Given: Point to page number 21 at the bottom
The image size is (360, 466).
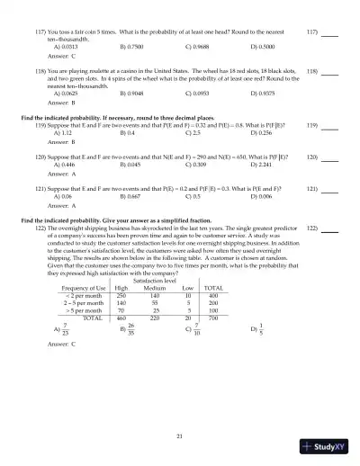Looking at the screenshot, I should [x=180, y=436].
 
